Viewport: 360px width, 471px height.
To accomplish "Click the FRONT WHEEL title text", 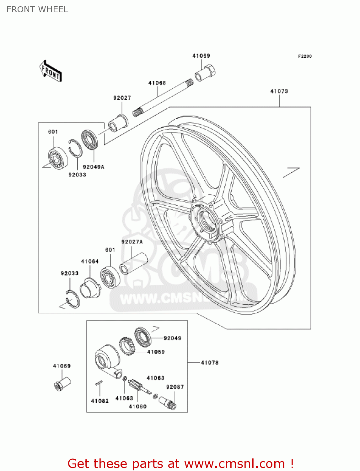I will [x=37, y=9].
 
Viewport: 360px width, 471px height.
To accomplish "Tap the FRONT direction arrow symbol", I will [x=51, y=71].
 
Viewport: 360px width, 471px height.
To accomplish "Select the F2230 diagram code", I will [x=305, y=56].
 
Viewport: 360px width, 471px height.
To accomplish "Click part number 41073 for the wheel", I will [x=279, y=91].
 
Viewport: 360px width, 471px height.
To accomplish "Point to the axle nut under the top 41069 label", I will [x=205, y=73].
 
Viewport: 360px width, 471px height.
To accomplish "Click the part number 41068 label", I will [x=157, y=83].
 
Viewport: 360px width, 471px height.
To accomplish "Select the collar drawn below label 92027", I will [x=118, y=123].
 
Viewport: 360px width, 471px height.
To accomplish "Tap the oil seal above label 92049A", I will [x=90, y=139].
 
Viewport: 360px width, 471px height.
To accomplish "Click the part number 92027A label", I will [x=132, y=242].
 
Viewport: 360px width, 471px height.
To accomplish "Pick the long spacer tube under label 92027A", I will [x=133, y=263].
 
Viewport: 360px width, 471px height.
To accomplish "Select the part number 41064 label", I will [x=90, y=261].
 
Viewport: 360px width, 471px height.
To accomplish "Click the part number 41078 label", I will [x=209, y=363].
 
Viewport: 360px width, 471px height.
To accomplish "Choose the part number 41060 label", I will [x=137, y=406].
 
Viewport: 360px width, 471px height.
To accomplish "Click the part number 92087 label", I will [x=175, y=387].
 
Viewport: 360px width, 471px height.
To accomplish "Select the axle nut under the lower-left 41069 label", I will [x=62, y=383].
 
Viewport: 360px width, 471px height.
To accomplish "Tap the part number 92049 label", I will [x=172, y=338].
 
